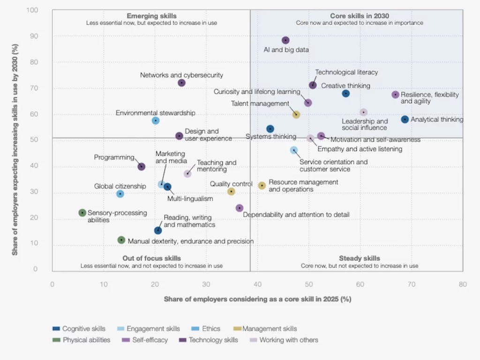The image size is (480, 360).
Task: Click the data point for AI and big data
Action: click(x=285, y=40)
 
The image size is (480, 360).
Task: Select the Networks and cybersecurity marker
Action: click(x=181, y=83)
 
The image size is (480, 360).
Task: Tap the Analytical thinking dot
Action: click(x=405, y=120)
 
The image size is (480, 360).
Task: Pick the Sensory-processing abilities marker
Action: click(x=82, y=213)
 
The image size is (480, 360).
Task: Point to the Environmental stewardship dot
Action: click(x=156, y=121)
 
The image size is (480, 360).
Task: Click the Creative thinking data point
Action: click(x=346, y=94)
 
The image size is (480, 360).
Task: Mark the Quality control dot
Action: click(x=231, y=191)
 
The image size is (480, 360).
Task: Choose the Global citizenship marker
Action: click(x=120, y=194)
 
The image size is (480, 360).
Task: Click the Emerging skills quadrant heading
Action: click(x=151, y=16)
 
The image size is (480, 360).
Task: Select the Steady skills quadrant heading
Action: click(x=360, y=258)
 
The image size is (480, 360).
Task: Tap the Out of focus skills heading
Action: click(x=151, y=258)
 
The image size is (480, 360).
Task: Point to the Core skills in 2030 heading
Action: click(x=360, y=16)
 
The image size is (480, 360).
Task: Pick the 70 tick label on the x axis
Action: click(x=412, y=284)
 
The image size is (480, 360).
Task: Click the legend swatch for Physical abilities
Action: click(x=56, y=340)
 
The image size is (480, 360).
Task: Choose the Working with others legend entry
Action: click(x=289, y=340)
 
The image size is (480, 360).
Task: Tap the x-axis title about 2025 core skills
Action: click(x=257, y=299)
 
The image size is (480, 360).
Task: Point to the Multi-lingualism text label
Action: click(x=190, y=199)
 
